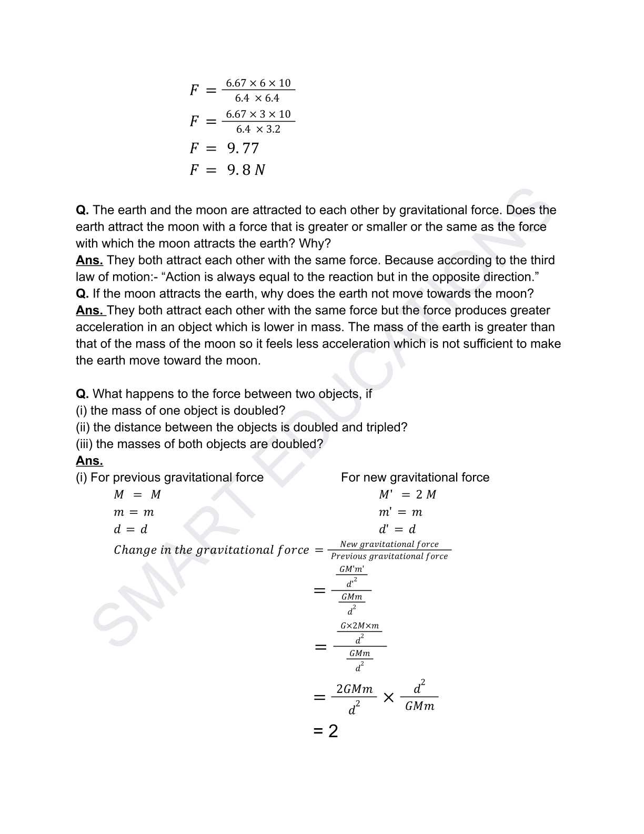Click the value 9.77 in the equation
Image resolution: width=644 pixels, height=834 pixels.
243,148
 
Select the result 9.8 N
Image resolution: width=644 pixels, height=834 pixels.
246,170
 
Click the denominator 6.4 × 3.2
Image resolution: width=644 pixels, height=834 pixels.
258,130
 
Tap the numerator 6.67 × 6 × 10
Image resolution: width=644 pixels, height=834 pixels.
258,83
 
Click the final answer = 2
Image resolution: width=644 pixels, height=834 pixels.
326,731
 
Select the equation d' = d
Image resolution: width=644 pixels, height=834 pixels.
397,529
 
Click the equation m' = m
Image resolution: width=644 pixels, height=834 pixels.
400,512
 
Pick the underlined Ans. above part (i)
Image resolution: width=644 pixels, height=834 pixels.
89,461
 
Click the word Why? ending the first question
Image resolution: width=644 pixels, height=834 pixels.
315,243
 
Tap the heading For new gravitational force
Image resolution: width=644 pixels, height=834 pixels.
415,478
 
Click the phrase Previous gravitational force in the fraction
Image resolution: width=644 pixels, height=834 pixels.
389,557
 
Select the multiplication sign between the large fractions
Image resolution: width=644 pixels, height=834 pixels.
388,698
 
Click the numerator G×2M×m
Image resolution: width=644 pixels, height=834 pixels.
359,626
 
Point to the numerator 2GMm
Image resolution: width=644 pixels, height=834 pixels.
354,689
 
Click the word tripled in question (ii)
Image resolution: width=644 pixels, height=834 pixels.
384,427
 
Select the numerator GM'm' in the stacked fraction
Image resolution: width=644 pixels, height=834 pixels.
351,569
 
